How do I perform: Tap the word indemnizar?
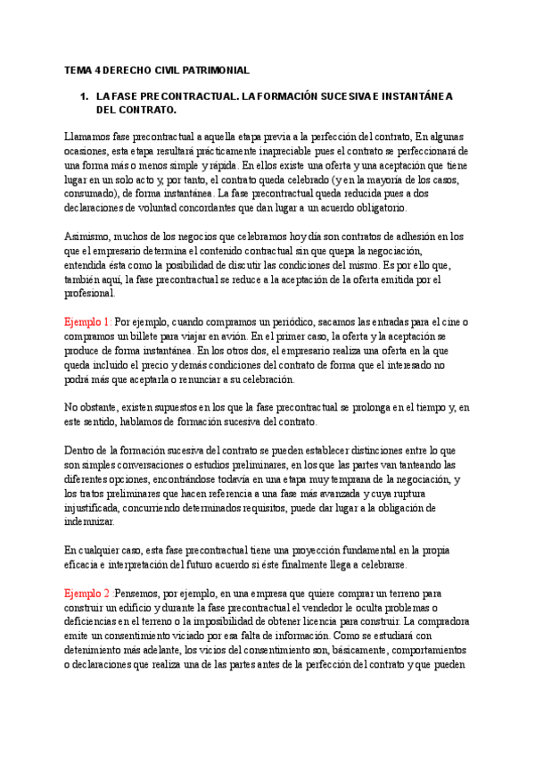89,522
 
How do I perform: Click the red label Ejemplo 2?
86,593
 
